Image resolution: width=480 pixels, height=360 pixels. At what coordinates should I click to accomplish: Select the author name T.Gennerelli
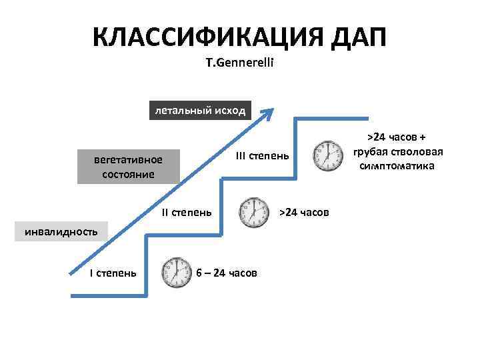click(x=239, y=65)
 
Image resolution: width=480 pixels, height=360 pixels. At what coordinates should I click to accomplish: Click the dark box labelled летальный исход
click(x=200, y=110)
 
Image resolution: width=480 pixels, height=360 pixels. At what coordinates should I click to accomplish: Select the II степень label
click(x=187, y=213)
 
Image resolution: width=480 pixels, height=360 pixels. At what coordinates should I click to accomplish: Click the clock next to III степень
click(x=327, y=156)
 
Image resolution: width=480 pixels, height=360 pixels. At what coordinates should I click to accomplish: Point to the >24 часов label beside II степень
click(x=304, y=212)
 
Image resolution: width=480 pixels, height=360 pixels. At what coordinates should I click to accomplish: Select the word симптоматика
click(x=397, y=165)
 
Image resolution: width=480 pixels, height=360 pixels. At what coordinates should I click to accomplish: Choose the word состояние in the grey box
click(x=128, y=174)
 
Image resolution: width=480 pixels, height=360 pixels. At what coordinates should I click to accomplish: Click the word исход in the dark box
click(x=228, y=110)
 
